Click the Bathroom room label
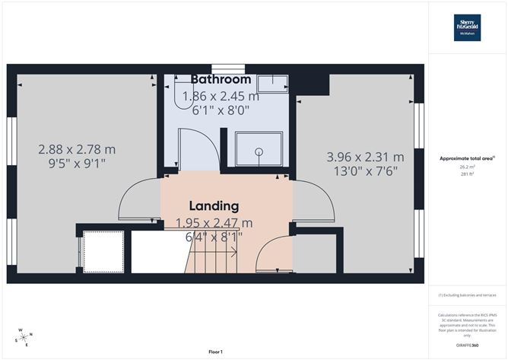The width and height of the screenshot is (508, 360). pos(221,79)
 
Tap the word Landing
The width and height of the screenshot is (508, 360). pos(213,205)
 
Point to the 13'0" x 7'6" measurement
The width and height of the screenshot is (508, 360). pos(365,171)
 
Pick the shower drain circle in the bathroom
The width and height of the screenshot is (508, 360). pos(259,151)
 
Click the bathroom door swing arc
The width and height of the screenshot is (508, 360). pos(204,145)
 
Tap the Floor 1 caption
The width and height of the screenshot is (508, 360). pos(214,352)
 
